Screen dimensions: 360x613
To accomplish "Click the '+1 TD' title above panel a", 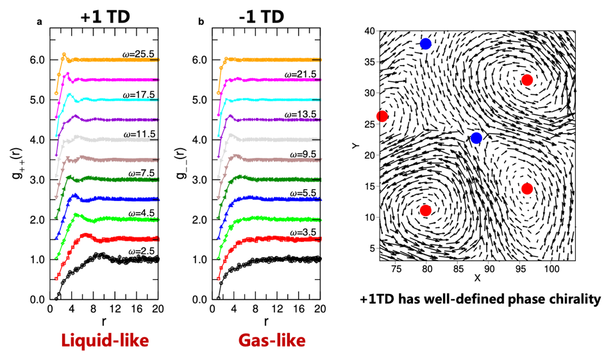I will coord(105,17).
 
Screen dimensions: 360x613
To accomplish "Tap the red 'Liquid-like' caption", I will coord(105,341).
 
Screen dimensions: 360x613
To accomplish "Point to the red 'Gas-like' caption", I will coord(272,341).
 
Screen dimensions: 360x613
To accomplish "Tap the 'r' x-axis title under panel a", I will coord(104,321).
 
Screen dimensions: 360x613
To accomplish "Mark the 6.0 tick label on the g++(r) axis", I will coord(37,60).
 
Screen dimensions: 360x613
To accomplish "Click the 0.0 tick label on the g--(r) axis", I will coord(199,300).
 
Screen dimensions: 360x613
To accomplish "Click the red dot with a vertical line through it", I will coord(382,116).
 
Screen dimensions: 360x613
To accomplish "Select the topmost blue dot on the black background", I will coord(425,44).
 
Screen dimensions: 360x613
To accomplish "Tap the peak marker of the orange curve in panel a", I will coord(64,55).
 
